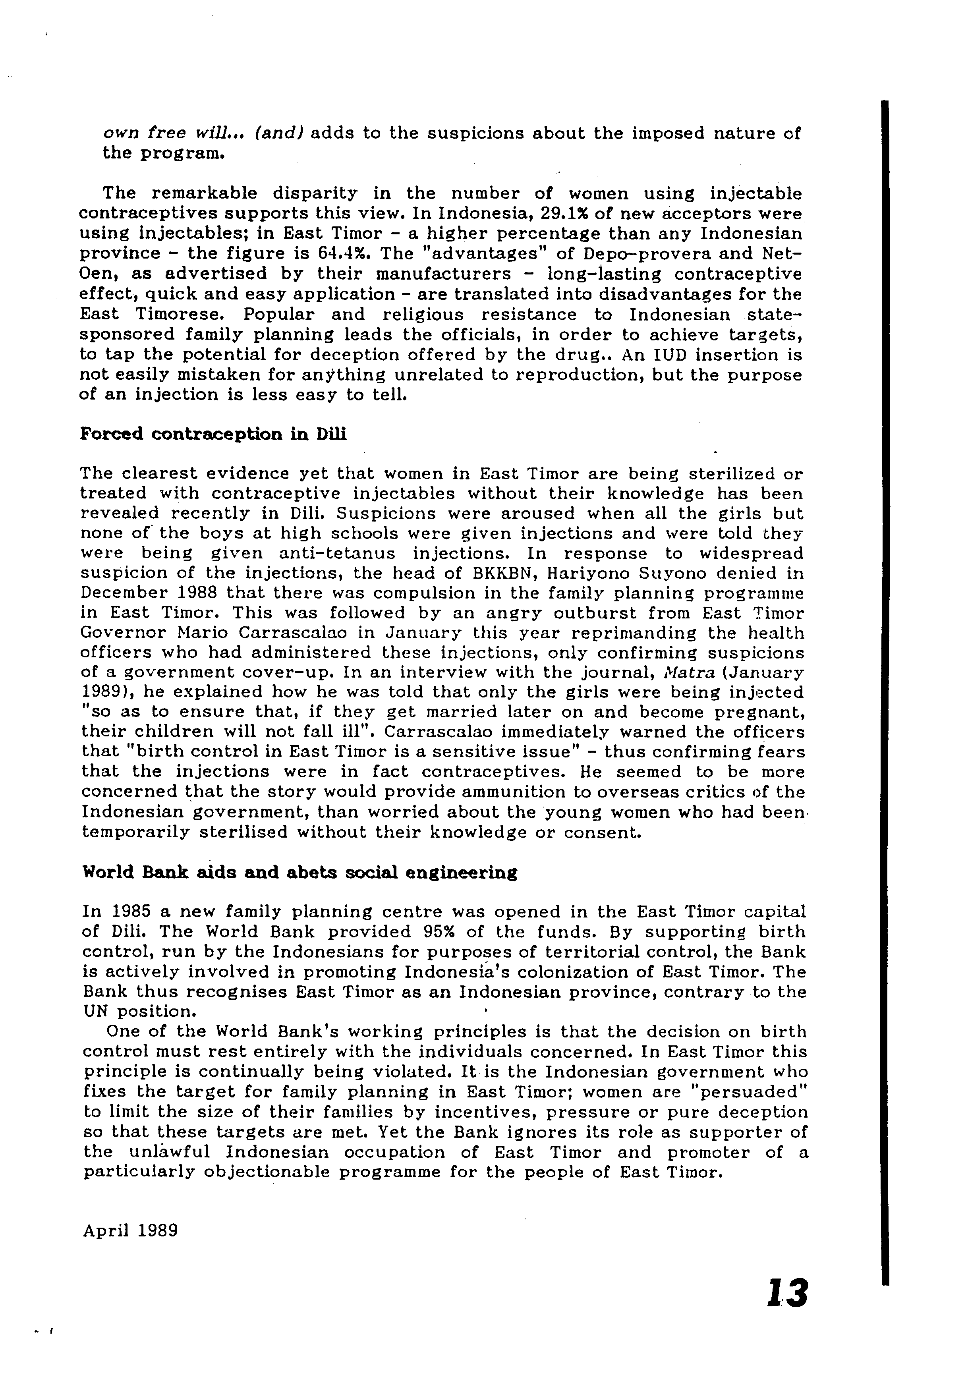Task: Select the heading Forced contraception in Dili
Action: coord(213,434)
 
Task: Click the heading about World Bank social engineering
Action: coord(299,872)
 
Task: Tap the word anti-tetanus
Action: coord(337,553)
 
